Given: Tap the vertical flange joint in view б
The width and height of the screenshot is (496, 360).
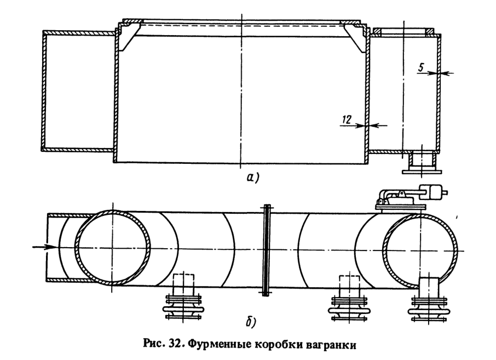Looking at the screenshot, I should click(266, 250).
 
